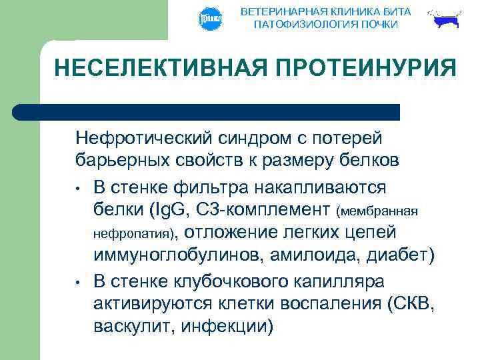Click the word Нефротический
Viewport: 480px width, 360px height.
point(143,139)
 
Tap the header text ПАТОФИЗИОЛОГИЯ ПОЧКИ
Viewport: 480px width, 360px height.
point(326,25)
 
